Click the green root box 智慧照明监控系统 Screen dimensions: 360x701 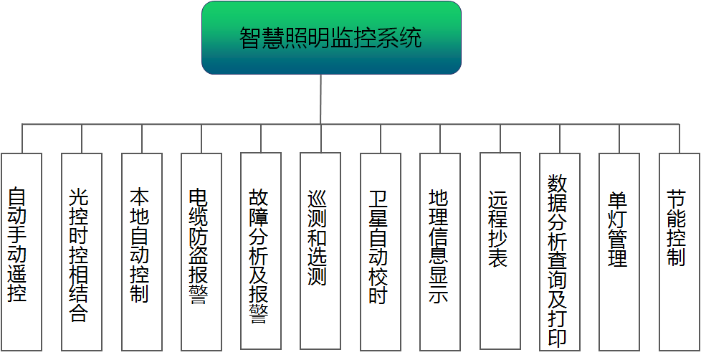331,38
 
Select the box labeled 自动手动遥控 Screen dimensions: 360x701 22,251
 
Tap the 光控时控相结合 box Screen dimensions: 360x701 81,251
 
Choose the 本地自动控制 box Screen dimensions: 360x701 141,251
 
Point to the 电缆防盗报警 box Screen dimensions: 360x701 201,251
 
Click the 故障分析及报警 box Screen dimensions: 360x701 261,251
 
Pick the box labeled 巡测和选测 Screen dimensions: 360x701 320,251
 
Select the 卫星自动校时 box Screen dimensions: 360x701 380,251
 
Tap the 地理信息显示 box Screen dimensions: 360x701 440,251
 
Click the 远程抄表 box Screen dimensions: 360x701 500,251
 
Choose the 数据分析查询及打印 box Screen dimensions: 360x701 559,251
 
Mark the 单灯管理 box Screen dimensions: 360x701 619,251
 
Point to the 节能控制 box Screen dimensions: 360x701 678,251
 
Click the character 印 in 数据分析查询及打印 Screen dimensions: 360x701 558,336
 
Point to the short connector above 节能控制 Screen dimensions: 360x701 678,138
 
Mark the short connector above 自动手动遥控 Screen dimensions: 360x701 22,138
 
